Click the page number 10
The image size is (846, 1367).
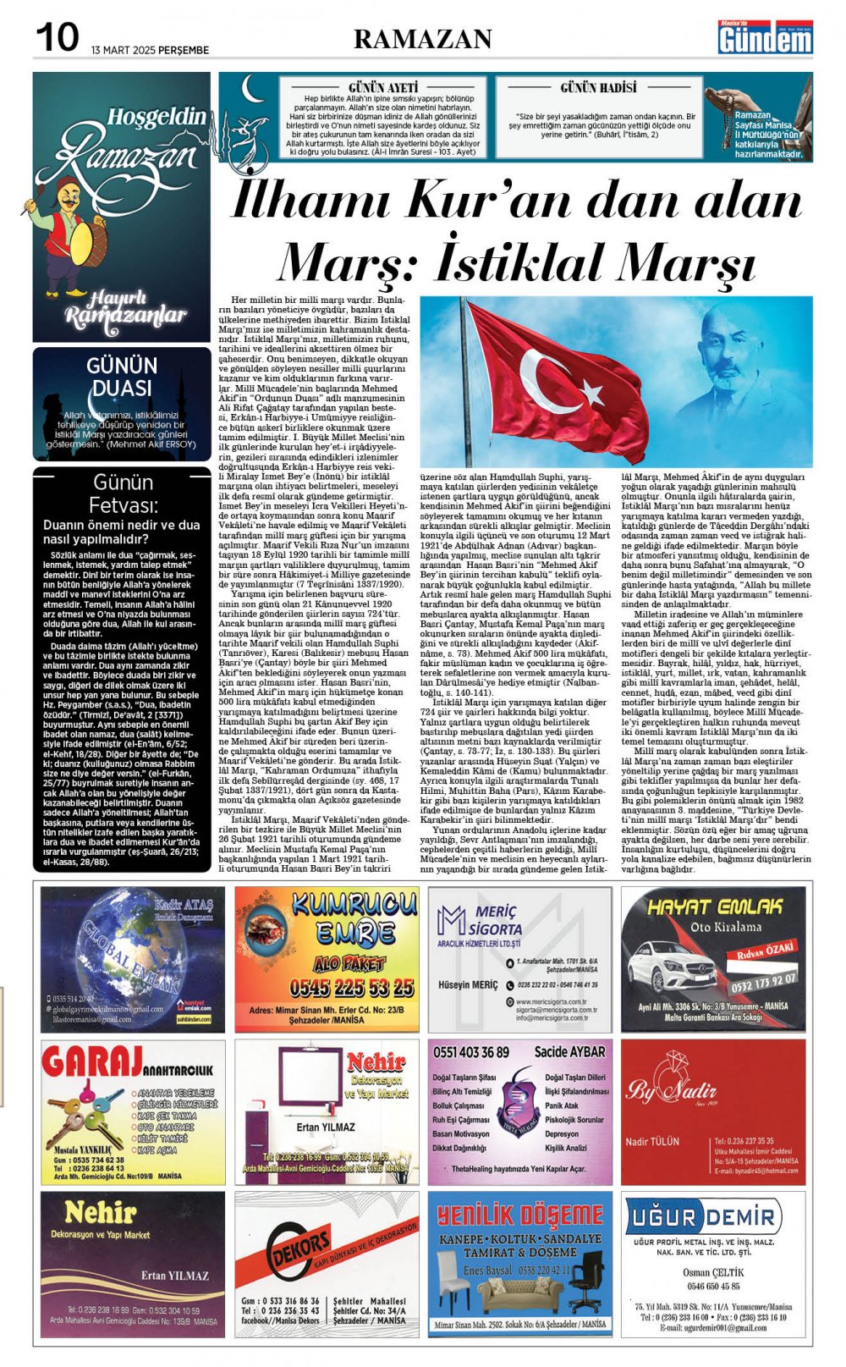58,37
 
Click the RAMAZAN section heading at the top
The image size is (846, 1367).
422,39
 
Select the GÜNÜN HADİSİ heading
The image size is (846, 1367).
599,87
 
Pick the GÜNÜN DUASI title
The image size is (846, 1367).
122,377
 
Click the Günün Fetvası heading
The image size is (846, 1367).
123,493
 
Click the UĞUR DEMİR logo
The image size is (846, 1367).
712,1218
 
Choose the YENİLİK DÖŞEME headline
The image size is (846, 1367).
519,1216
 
